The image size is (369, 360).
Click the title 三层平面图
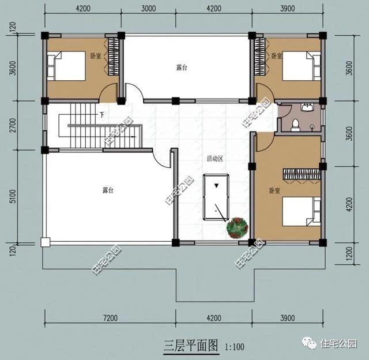190,346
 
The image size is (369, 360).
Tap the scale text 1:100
235,347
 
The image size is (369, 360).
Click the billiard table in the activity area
216,202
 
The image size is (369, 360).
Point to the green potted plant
237,227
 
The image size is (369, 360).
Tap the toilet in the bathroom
295,124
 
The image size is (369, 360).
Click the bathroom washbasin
308,107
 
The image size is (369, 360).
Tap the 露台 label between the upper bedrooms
181,67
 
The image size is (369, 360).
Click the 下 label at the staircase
101,115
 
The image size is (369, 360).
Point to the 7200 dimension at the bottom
110,318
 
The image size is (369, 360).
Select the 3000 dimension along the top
148,8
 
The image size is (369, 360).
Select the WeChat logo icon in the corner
309,343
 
